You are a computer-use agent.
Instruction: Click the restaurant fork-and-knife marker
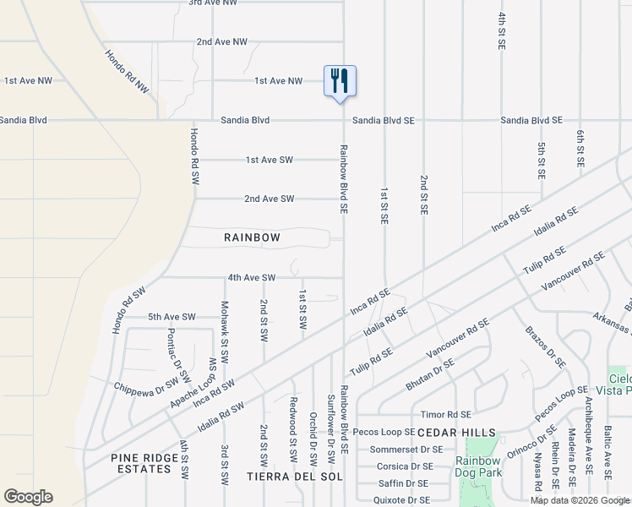[340, 82]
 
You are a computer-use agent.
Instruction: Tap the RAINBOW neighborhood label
[252, 237]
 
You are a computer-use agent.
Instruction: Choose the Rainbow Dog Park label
[479, 466]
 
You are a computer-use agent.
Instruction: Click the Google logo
[28, 497]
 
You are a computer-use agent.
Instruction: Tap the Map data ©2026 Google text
[580, 500]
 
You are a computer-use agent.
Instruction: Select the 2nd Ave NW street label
[221, 41]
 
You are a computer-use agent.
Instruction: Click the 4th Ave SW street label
[252, 277]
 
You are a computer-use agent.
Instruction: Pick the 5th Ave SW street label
[172, 317]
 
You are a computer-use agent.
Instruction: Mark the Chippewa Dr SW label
[149, 384]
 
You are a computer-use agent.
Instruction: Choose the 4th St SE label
[502, 30]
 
